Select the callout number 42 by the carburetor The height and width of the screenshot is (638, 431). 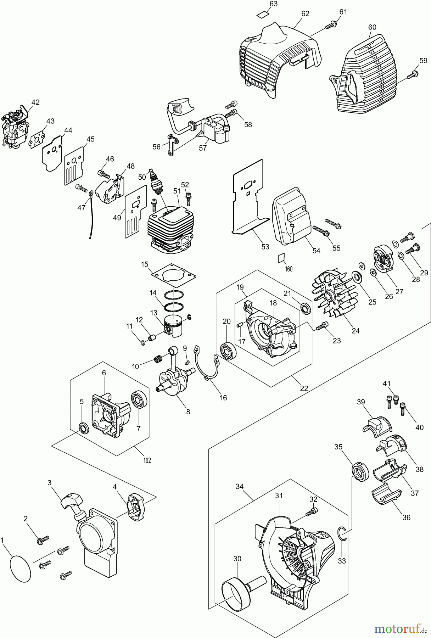(x=35, y=102)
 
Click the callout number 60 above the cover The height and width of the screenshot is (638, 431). (x=372, y=27)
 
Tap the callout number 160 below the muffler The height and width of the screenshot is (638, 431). (x=289, y=269)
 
